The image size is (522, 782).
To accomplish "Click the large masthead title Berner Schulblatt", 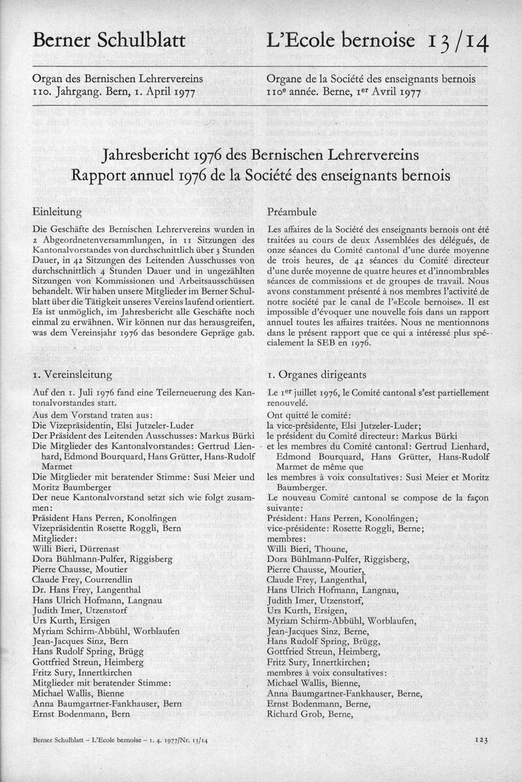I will tap(109, 41).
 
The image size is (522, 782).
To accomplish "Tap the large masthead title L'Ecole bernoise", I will tap(341, 41).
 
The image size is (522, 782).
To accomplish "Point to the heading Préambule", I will tap(292, 212).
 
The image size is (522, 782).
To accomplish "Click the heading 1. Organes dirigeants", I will tap(317, 375).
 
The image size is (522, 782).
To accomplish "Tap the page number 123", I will tap(482, 740).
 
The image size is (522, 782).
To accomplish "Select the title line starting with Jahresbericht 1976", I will tap(261, 157).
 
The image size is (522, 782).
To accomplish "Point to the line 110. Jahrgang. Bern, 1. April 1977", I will tap(114, 91).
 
